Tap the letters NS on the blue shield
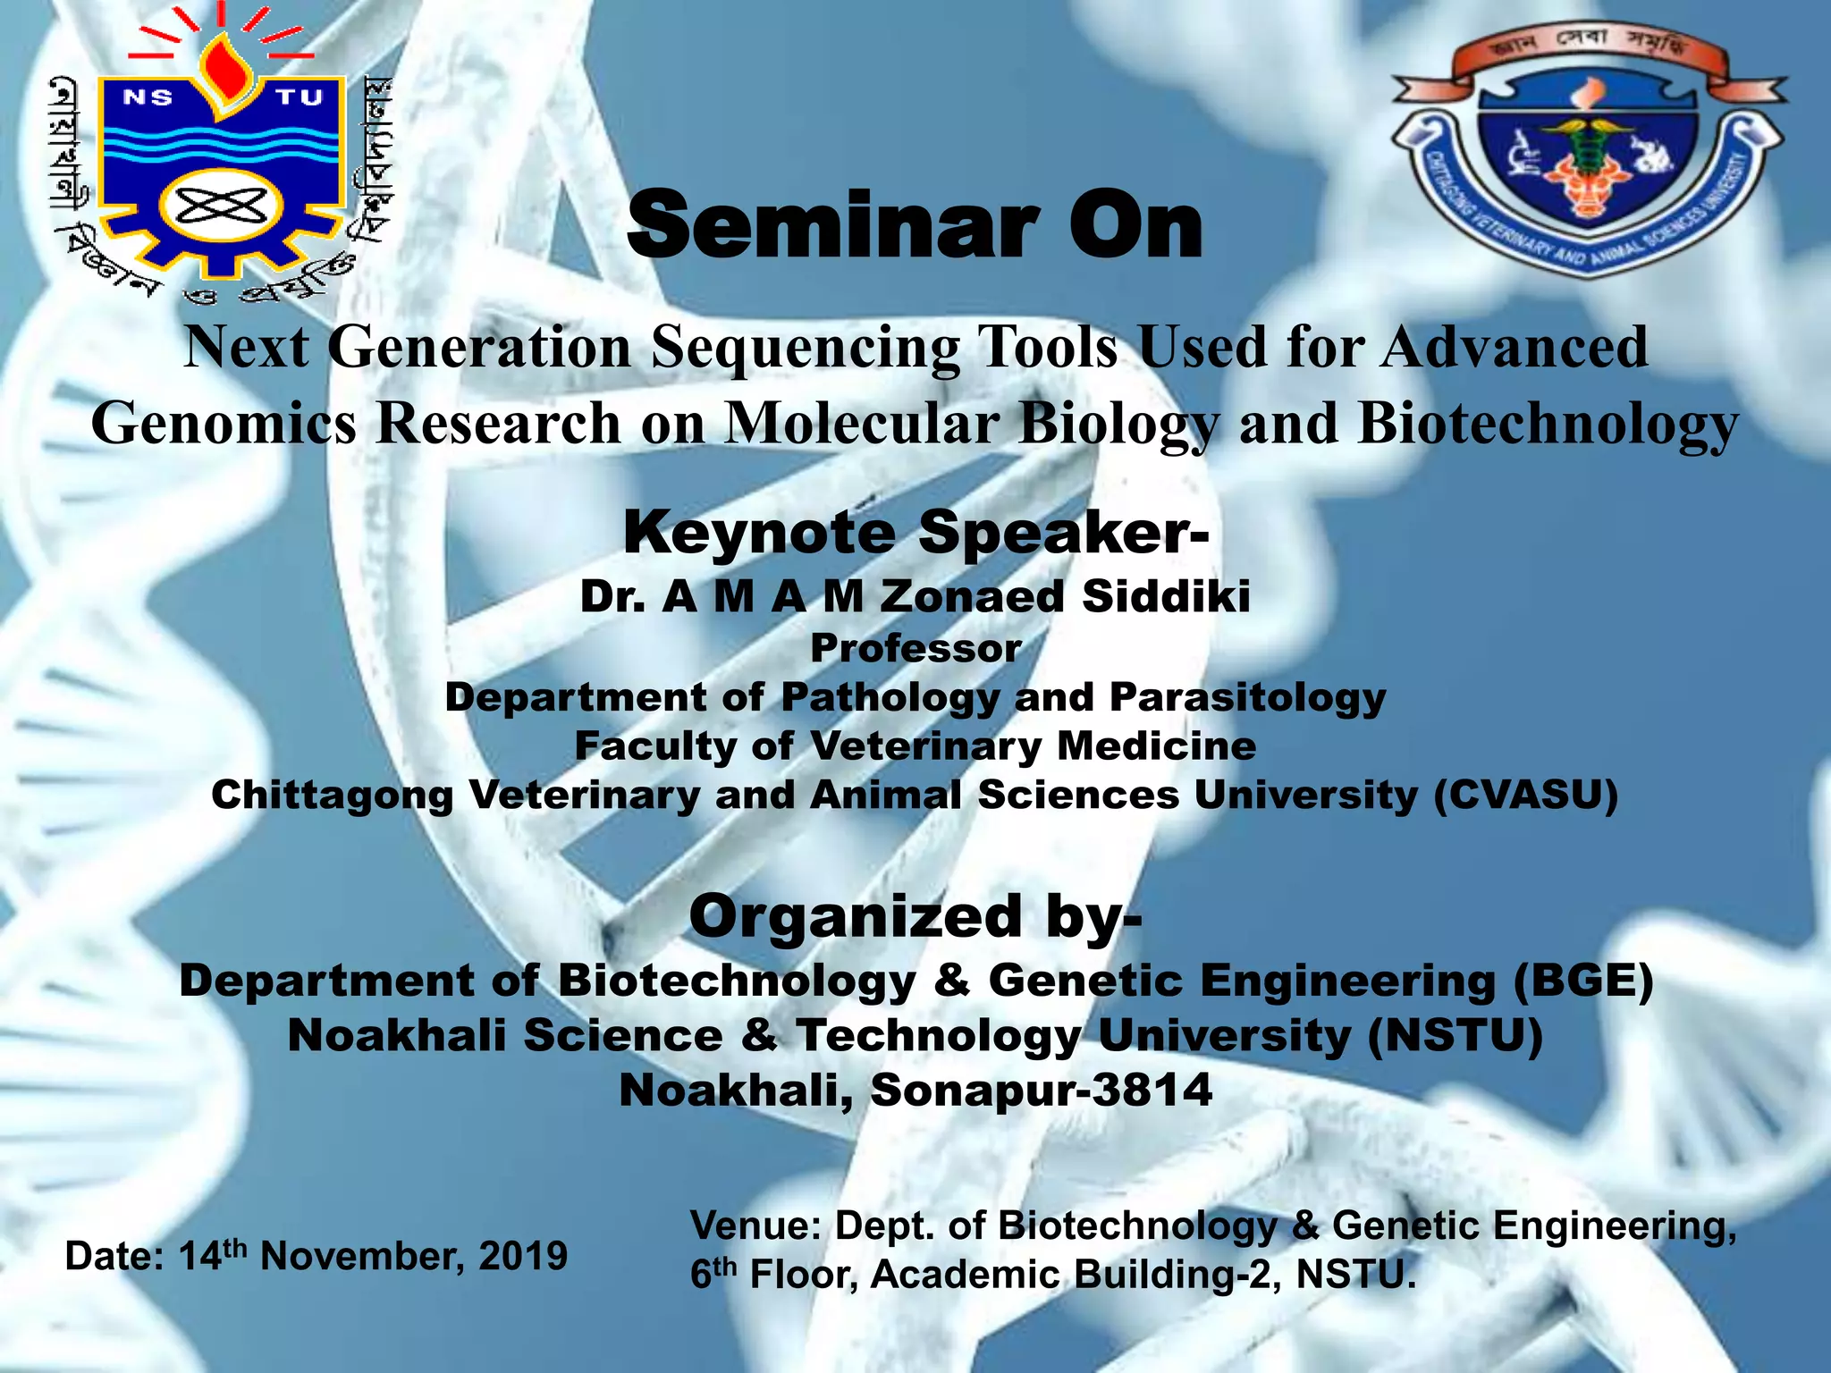tap(148, 97)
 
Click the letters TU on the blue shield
tap(299, 97)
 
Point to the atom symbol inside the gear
tap(221, 207)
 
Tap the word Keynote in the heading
tap(759, 533)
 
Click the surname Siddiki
tap(1166, 596)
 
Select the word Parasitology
tap(1248, 697)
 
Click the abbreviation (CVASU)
tap(1526, 795)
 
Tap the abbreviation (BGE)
tap(1582, 980)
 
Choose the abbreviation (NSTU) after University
tap(1455, 1035)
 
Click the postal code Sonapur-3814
tap(1041, 1090)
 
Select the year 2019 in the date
tap(523, 1256)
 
